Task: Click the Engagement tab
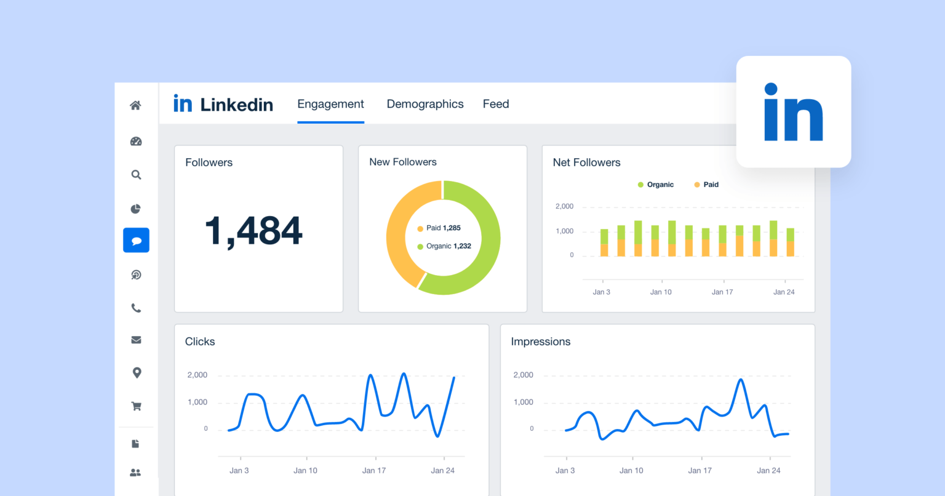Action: (330, 104)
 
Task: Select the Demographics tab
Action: (425, 104)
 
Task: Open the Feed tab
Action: (495, 104)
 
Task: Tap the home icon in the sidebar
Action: (136, 105)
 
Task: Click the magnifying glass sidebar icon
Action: (136, 175)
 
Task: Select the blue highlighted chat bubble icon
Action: (136, 240)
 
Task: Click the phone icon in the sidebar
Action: (136, 308)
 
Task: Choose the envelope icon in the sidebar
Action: (136, 340)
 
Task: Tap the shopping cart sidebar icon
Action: (136, 406)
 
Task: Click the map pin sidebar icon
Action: (137, 373)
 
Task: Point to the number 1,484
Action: (253, 231)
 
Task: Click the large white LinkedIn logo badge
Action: (793, 112)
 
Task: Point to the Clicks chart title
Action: (200, 342)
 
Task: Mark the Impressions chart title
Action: (540, 342)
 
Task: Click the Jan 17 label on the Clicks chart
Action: (373, 471)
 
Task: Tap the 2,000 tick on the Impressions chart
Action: (523, 375)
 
